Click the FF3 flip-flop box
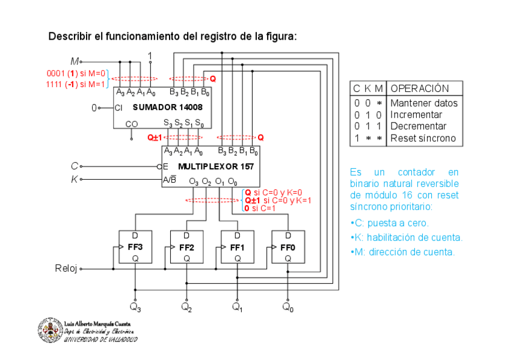coord(135,247)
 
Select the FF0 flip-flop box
coord(288,247)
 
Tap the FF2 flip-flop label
coord(187,247)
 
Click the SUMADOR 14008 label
coord(168,108)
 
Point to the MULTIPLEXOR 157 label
coord(216,166)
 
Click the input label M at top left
coord(75,61)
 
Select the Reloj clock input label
coord(66,269)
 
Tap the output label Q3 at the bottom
coord(135,308)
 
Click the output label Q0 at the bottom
coord(288,308)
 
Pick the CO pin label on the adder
coord(132,124)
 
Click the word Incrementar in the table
coord(416,115)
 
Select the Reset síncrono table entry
coord(423,138)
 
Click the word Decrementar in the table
coord(418,126)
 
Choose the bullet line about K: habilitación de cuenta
coord(406,237)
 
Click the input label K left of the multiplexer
coord(74,179)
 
